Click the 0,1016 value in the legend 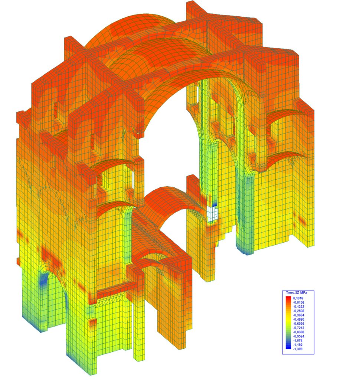pyautogui.click(x=298, y=298)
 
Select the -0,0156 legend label pyautogui.click(x=298, y=302)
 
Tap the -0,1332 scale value pyautogui.click(x=298, y=307)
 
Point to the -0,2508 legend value pyautogui.click(x=298, y=311)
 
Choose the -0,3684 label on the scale pyautogui.click(x=298, y=315)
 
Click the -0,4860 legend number pyautogui.click(x=298, y=320)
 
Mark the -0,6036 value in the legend pyautogui.click(x=298, y=324)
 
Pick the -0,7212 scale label pyautogui.click(x=298, y=328)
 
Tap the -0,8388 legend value pyautogui.click(x=298, y=332)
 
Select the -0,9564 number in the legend pyautogui.click(x=298, y=336)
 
